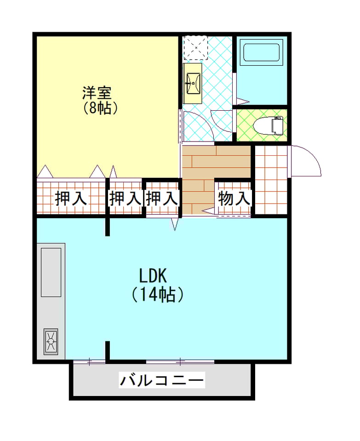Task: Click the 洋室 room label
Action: point(97,93)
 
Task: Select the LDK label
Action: point(154,276)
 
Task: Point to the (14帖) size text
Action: point(158,294)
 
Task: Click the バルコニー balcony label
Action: point(161,380)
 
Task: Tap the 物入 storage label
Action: point(234,198)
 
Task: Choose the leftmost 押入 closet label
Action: point(71,198)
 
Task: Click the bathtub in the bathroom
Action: point(262,52)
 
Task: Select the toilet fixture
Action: point(268,126)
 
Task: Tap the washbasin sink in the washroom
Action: point(193,84)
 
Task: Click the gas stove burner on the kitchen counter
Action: point(51,341)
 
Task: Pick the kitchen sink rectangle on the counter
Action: point(51,272)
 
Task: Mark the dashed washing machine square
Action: point(195,47)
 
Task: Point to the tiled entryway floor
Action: point(271,180)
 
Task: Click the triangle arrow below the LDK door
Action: point(175,224)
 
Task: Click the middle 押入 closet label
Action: point(125,198)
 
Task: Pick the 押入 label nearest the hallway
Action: point(162,198)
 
